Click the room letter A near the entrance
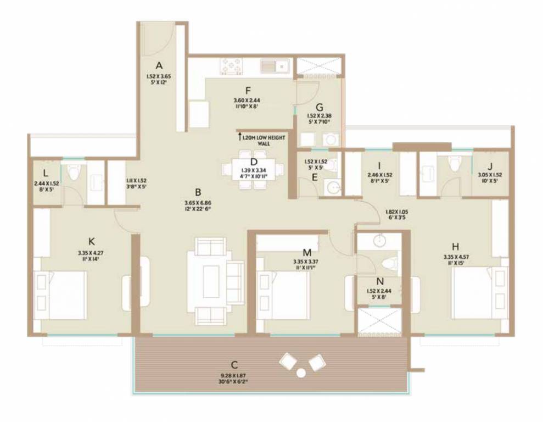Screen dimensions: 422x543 tap(160, 65)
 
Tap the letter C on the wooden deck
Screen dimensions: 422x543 tap(234, 365)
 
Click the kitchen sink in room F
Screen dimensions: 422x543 tap(275, 66)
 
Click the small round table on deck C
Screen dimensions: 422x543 tap(300, 373)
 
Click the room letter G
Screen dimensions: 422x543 tap(318, 107)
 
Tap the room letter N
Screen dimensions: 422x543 tap(379, 280)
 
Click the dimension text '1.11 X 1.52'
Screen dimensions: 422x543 tap(136, 180)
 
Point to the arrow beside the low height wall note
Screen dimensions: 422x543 tap(239, 134)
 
